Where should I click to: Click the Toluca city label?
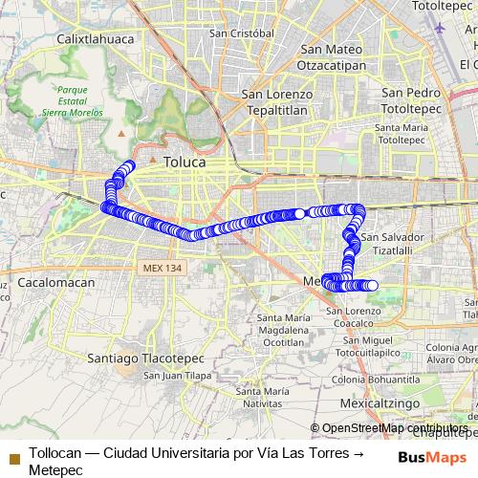click(x=185, y=163)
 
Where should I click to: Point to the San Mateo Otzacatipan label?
click(x=330, y=55)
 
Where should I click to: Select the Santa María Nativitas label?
click(x=262, y=398)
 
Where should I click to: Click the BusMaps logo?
click(x=432, y=457)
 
